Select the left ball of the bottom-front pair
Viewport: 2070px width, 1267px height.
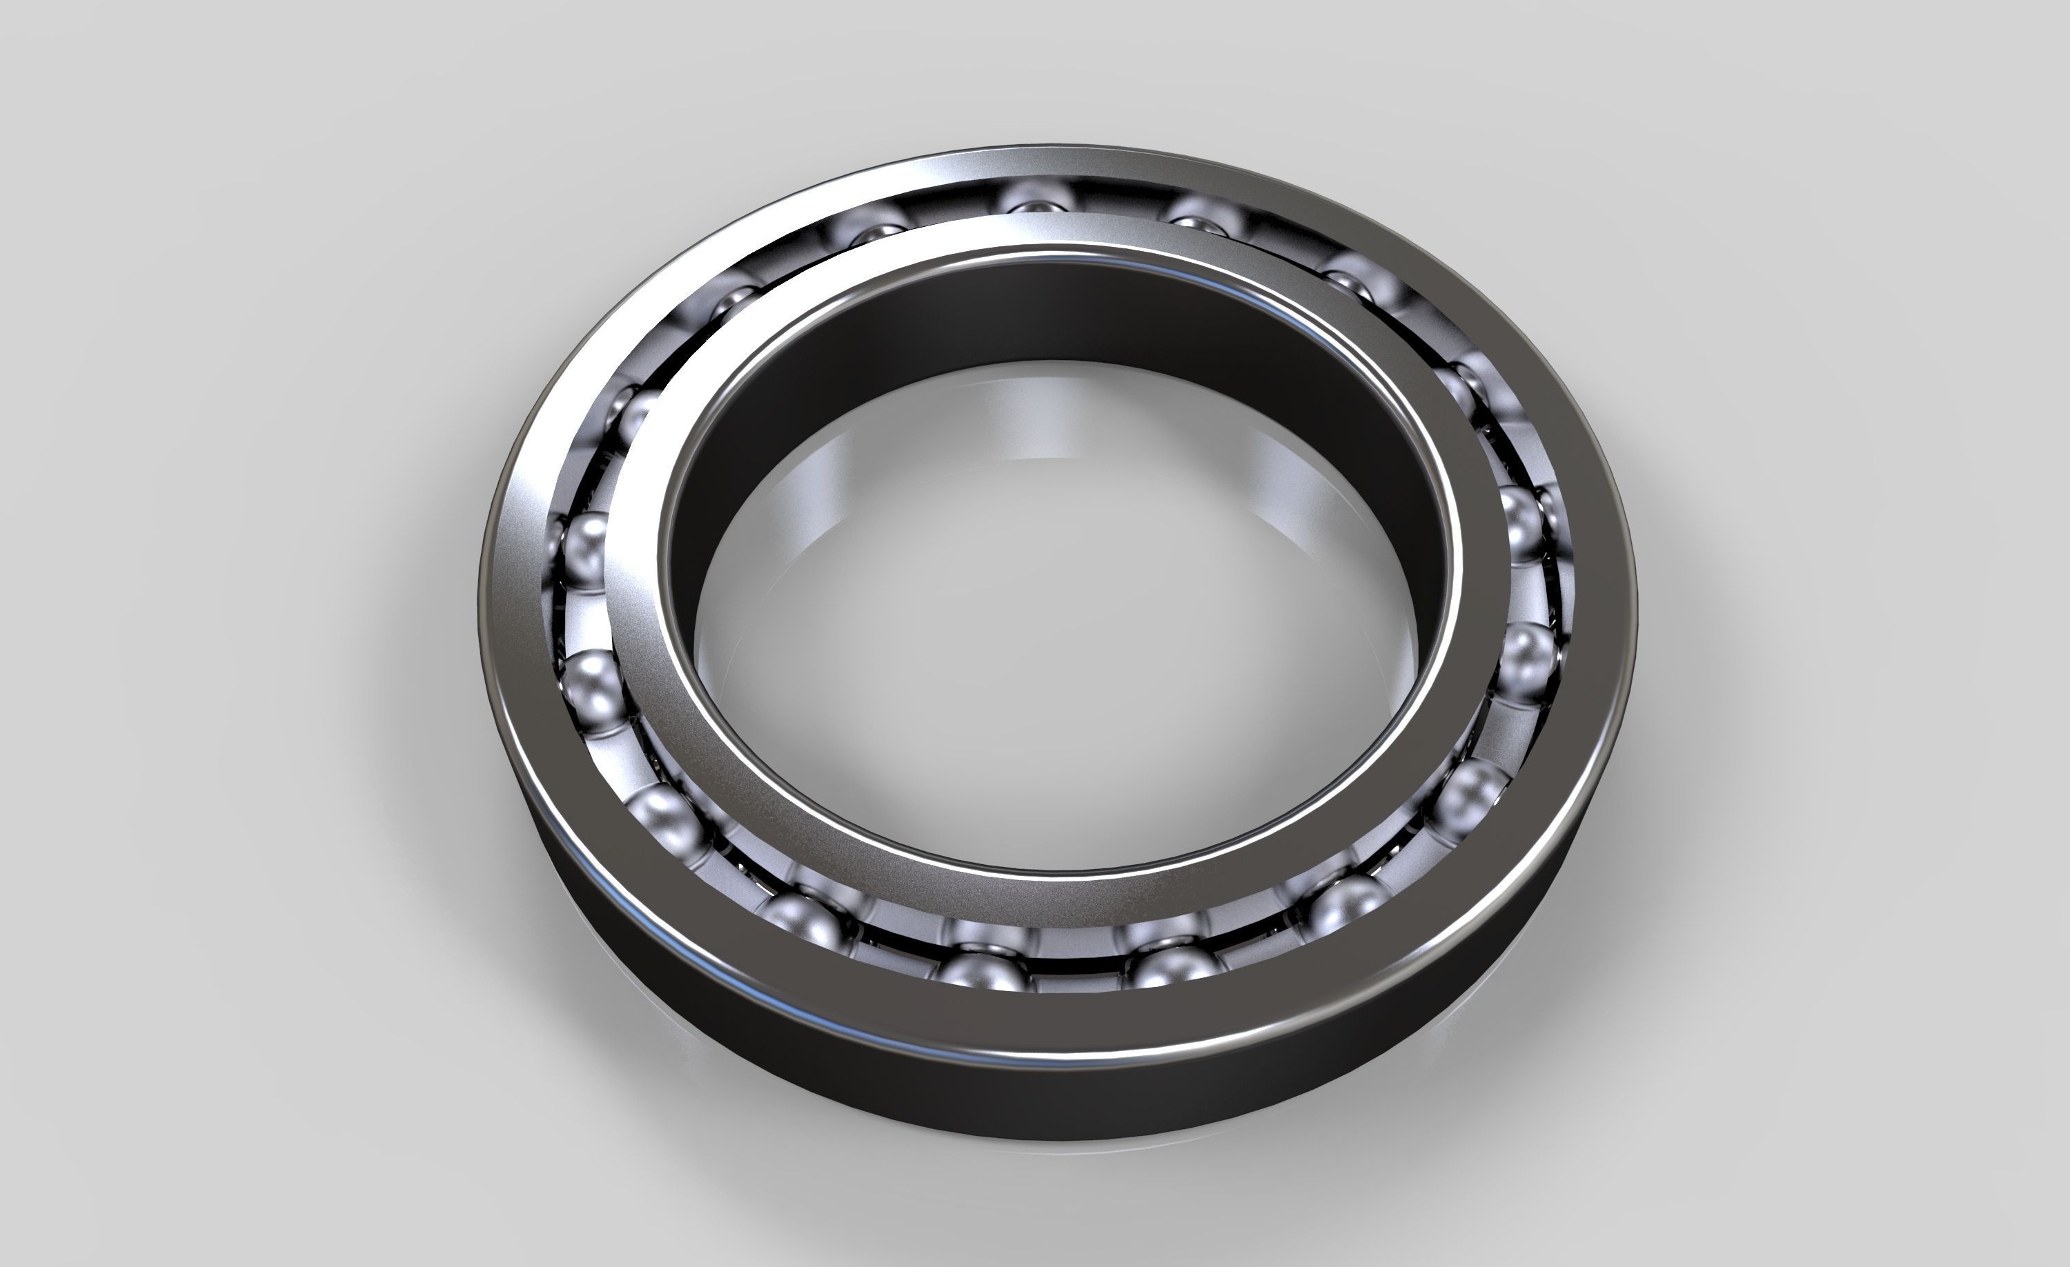tap(981, 974)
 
